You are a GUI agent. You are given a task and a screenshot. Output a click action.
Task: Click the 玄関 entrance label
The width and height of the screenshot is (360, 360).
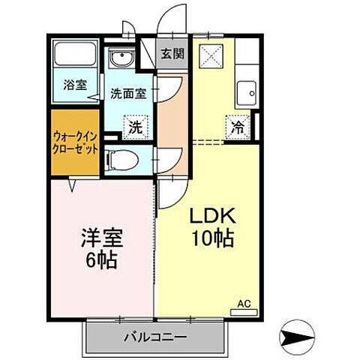[170, 53]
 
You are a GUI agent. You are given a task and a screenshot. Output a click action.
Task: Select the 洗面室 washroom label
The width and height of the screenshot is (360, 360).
[128, 94]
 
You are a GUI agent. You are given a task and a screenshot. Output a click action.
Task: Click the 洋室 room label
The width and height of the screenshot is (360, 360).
[102, 238]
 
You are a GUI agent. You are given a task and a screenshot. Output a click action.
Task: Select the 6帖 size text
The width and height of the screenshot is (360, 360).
[102, 261]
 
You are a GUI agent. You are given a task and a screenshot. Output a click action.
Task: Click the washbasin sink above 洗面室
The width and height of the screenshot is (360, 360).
[119, 59]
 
